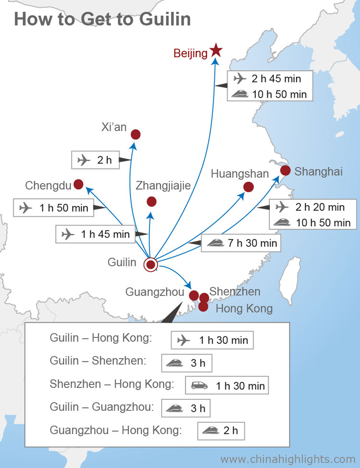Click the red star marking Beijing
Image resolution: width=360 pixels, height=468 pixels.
pyautogui.click(x=216, y=49)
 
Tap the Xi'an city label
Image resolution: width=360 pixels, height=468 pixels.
pyautogui.click(x=114, y=127)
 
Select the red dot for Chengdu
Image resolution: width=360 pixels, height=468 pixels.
pyautogui.click(x=78, y=184)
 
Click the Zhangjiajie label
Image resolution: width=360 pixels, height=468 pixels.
pyautogui.click(x=163, y=186)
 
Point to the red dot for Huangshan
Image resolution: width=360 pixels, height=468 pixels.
pyautogui.click(x=249, y=187)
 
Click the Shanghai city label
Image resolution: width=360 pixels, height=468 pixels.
pyautogui.click(x=319, y=172)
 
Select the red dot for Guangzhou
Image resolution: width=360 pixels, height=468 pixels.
pyautogui.click(x=194, y=295)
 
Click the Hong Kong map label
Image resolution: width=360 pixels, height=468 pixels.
pyautogui.click(x=244, y=308)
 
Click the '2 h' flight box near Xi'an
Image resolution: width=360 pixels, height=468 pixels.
pyautogui.click(x=96, y=160)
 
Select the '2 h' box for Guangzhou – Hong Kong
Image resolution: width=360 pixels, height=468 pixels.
pyautogui.click(x=221, y=430)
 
